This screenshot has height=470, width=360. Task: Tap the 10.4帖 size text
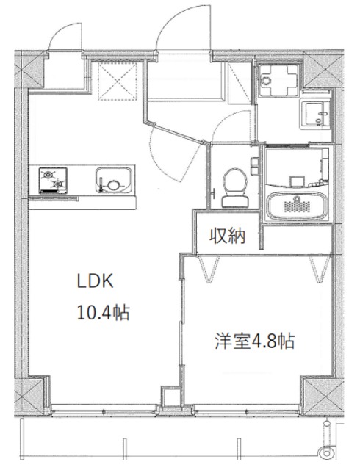[x=104, y=313]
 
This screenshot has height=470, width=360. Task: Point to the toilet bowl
[x=234, y=179]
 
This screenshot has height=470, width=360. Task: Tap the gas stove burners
[x=54, y=178]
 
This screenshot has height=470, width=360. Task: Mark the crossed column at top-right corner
[x=320, y=70]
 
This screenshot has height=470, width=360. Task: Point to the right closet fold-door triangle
[x=318, y=270]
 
